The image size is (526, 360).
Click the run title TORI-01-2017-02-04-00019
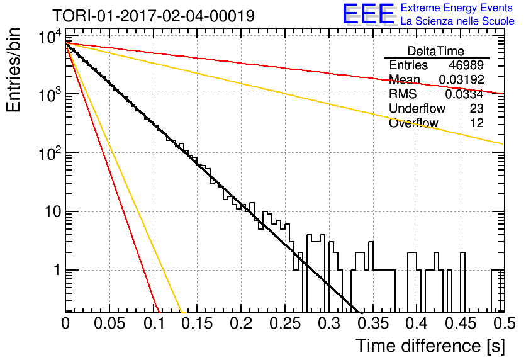[x=154, y=16]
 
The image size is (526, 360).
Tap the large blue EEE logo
[x=369, y=14]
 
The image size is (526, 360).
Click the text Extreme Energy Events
[x=457, y=8]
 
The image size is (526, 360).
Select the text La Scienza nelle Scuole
[x=457, y=21]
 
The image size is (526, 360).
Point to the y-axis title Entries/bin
[x=13, y=70]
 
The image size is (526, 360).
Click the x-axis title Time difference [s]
[x=430, y=346]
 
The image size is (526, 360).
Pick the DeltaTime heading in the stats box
[x=435, y=51]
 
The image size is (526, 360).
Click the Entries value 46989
[x=466, y=65]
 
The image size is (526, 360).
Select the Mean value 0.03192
[x=461, y=79]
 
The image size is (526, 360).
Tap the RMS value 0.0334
[x=464, y=94]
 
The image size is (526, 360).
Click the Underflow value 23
[x=476, y=108]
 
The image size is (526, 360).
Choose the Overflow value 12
[x=477, y=123]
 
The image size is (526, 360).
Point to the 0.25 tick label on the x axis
[x=285, y=323]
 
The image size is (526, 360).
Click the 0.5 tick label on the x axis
[x=505, y=323]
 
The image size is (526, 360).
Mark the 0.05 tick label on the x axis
[x=109, y=323]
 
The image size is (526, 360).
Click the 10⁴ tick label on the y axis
[x=49, y=37]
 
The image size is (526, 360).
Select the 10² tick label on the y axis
[x=49, y=154]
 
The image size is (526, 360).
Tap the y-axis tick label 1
[x=57, y=271]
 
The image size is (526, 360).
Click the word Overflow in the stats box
[x=413, y=123]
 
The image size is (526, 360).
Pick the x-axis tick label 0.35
[x=373, y=323]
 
